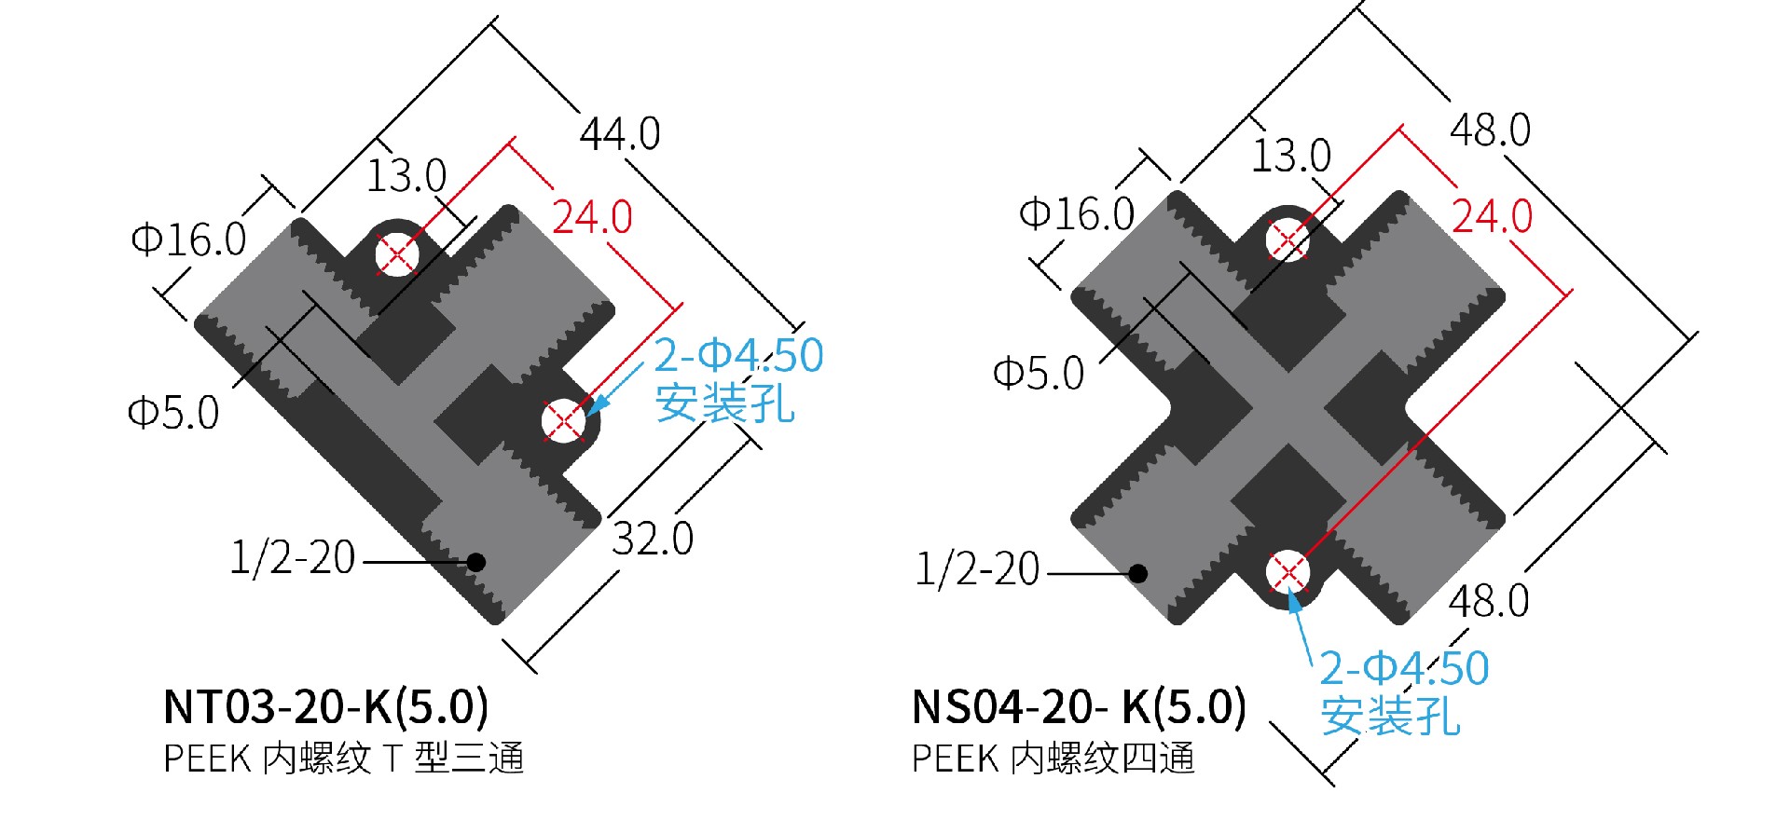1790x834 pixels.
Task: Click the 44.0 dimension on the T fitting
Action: coord(620,133)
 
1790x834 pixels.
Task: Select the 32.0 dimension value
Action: coord(653,539)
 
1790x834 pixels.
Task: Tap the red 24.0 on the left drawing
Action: coord(593,217)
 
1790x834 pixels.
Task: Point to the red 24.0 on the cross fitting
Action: coord(1493,216)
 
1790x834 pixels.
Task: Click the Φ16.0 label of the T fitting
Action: coord(189,239)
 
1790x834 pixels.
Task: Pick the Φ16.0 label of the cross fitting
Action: coord(1077,213)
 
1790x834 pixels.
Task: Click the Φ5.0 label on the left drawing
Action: coord(173,412)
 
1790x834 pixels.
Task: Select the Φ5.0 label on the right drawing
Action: coord(1039,374)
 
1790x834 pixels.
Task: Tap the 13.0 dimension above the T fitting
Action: coord(406,175)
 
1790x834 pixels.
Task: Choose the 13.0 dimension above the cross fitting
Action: coord(1291,155)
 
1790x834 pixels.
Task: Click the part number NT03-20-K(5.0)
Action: coord(325,706)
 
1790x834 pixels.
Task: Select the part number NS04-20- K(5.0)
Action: coord(1079,706)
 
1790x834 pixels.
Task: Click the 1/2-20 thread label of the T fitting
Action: coord(293,557)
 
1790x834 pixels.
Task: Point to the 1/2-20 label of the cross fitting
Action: coord(977,568)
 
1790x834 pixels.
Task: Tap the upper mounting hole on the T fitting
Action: coord(396,253)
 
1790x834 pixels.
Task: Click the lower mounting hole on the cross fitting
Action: coord(1287,572)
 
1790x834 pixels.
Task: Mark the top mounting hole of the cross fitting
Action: coord(1287,239)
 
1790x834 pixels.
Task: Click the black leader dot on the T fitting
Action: coord(475,561)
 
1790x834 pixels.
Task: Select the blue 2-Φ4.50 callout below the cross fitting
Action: coord(1404,669)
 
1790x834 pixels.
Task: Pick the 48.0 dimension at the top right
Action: coord(1490,130)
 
